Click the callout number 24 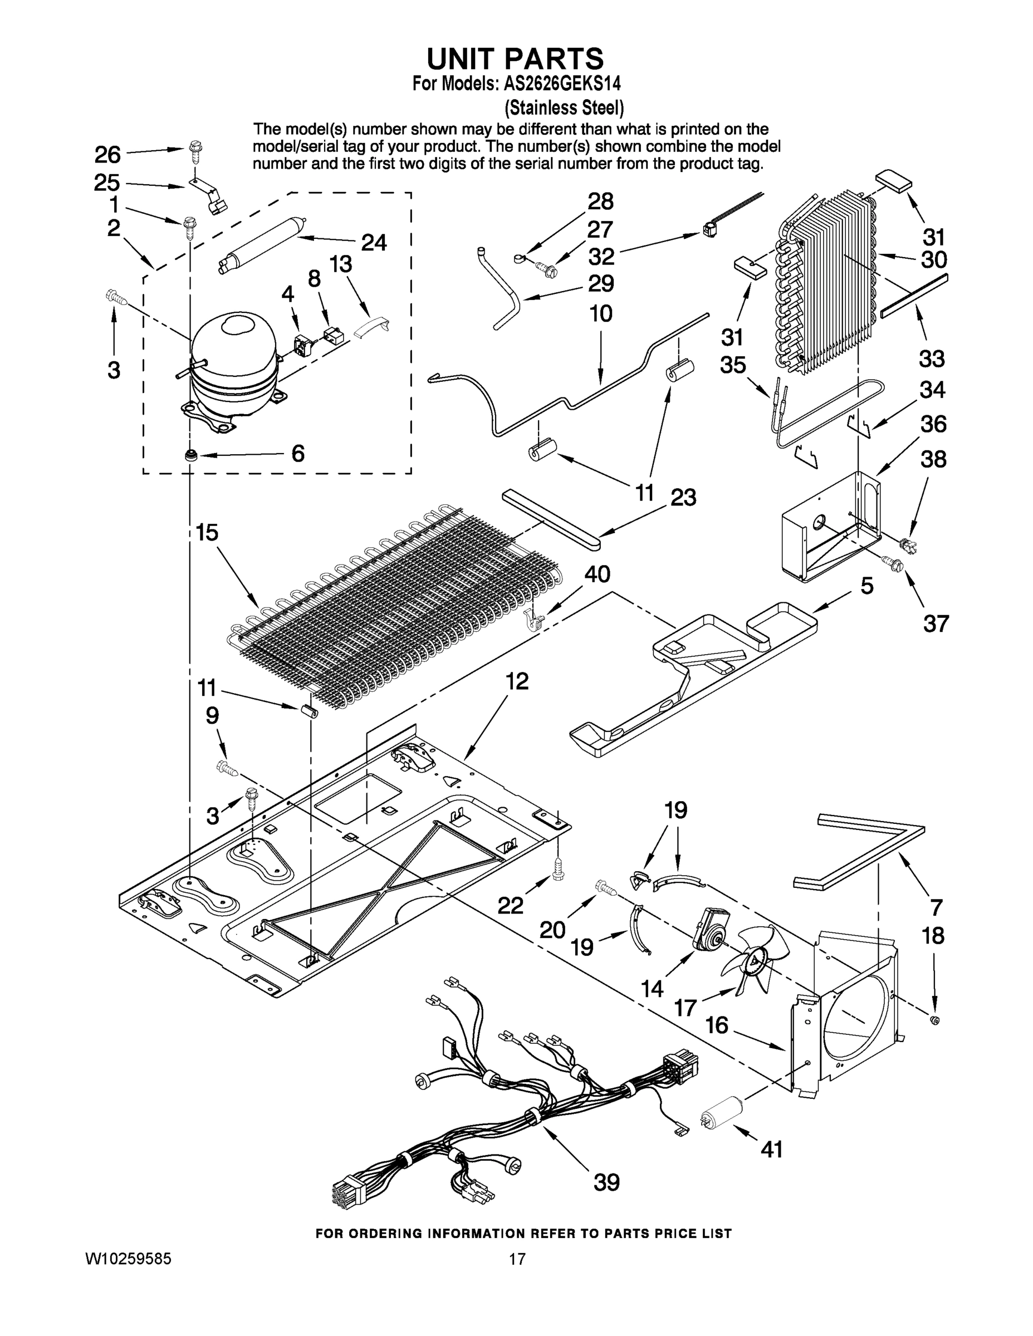coord(373,243)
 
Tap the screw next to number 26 coord(196,150)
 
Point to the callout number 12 coord(517,680)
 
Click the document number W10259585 coord(128,1258)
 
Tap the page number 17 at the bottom coord(517,1258)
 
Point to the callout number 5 coord(866,586)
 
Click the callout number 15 coord(207,532)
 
